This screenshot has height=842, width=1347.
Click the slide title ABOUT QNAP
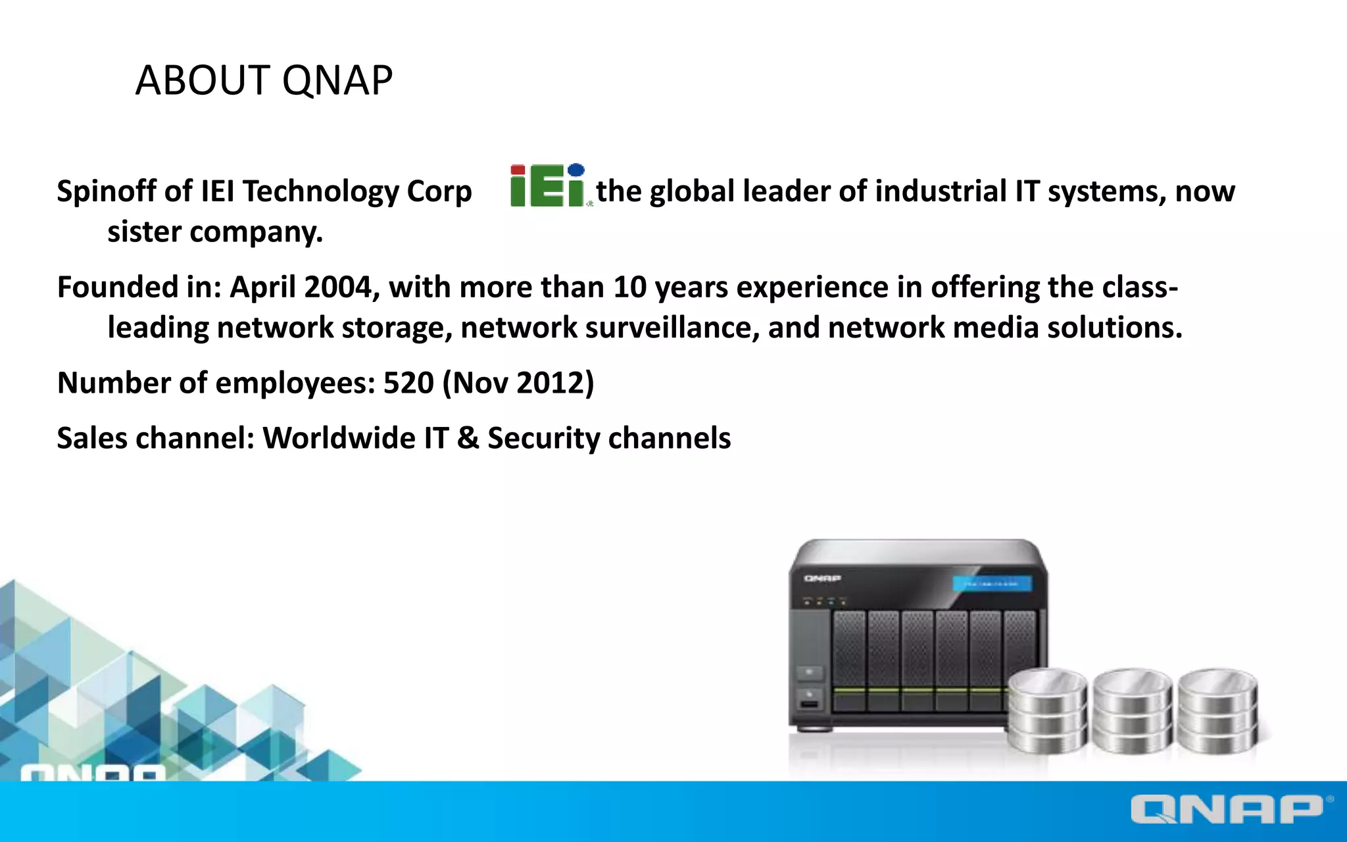tap(264, 80)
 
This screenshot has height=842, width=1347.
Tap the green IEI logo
tap(547, 186)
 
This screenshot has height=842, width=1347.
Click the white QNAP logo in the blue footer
tap(1227, 809)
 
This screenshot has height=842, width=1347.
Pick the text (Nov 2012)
tap(518, 383)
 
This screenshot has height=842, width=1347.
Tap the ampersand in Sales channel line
tap(468, 438)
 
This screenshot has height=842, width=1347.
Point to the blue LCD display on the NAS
tap(992, 583)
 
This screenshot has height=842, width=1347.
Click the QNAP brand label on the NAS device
tap(822, 578)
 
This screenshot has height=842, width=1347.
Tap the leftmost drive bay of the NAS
tap(849, 658)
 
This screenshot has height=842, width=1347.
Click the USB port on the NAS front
tap(809, 705)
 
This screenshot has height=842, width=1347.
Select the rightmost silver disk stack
tap(1217, 710)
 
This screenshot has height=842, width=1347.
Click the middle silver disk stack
tap(1133, 710)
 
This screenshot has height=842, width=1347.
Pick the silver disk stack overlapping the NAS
tap(1047, 710)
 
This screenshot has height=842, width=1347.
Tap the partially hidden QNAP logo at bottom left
tap(93, 772)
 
